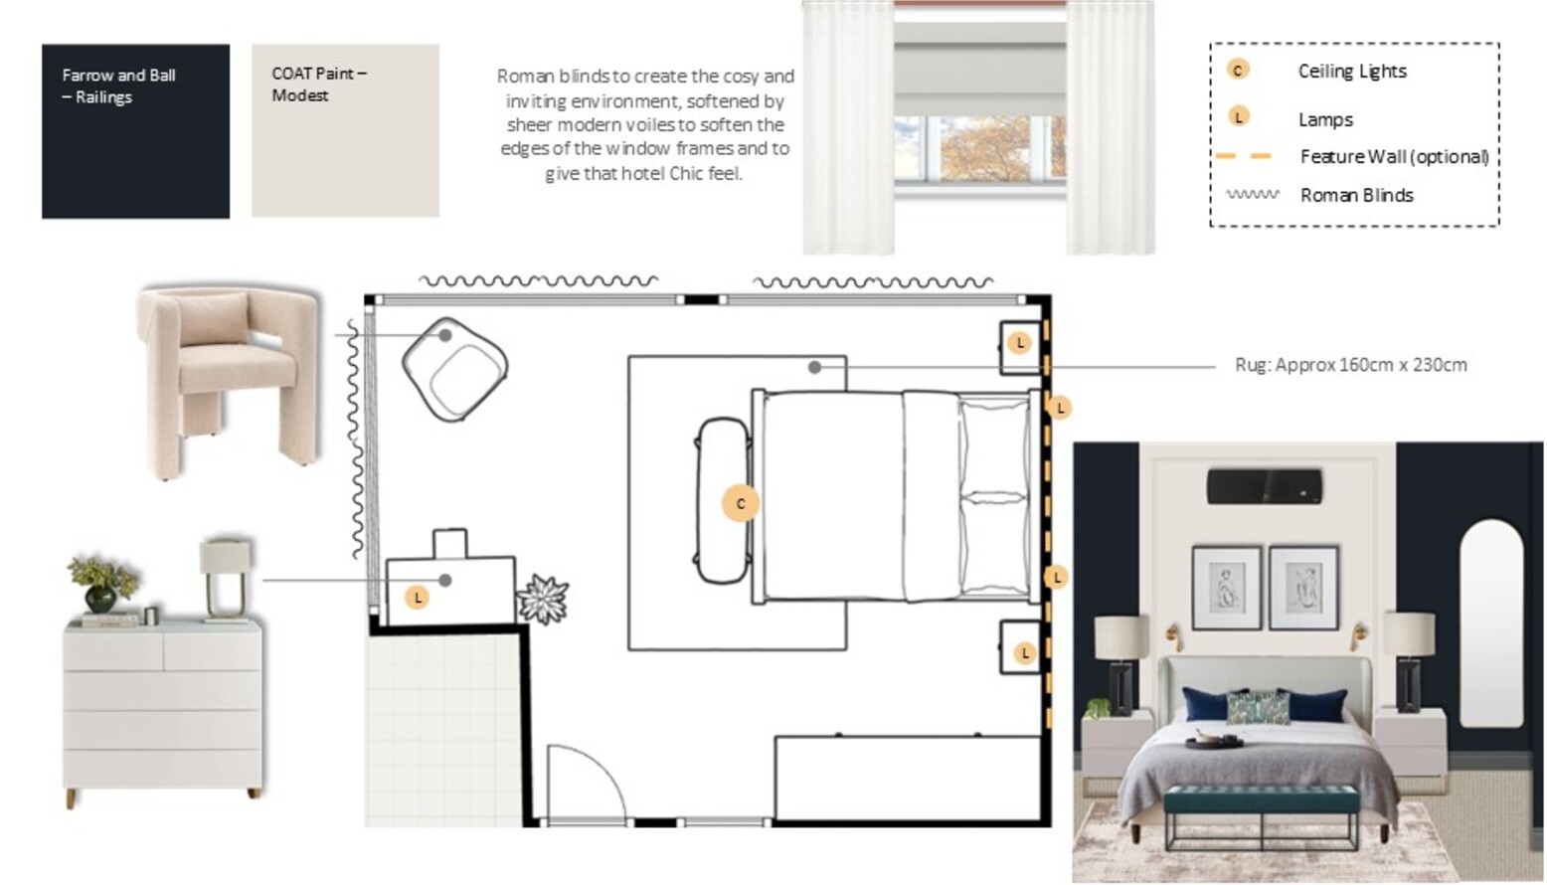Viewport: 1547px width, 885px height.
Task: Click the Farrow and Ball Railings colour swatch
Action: (x=135, y=131)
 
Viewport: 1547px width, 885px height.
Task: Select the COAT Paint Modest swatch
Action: (x=345, y=130)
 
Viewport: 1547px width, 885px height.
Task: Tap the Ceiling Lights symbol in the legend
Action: (x=1238, y=70)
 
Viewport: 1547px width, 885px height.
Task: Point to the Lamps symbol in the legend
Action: (x=1238, y=116)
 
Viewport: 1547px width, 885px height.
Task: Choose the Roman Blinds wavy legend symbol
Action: (x=1253, y=195)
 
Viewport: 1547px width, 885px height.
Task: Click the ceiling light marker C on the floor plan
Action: (x=741, y=503)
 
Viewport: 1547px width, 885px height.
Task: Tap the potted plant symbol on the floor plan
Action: (x=543, y=599)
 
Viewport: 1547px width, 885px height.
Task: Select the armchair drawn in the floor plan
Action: (x=455, y=369)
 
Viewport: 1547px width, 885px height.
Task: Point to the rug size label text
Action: (x=1351, y=365)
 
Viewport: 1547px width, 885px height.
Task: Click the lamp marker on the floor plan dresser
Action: (x=418, y=598)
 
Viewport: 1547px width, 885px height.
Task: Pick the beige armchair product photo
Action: (x=229, y=382)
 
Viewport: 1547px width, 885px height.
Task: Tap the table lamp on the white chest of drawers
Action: (x=226, y=580)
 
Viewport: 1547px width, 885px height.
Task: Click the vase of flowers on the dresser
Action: (x=102, y=584)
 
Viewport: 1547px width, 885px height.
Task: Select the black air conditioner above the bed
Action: (x=1265, y=486)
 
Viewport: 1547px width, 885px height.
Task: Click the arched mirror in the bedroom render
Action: (x=1491, y=624)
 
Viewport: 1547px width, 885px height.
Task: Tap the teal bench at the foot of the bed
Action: (x=1261, y=818)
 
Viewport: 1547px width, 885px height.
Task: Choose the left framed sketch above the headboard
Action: (x=1227, y=588)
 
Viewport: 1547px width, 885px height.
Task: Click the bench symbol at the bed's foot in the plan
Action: (x=723, y=501)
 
